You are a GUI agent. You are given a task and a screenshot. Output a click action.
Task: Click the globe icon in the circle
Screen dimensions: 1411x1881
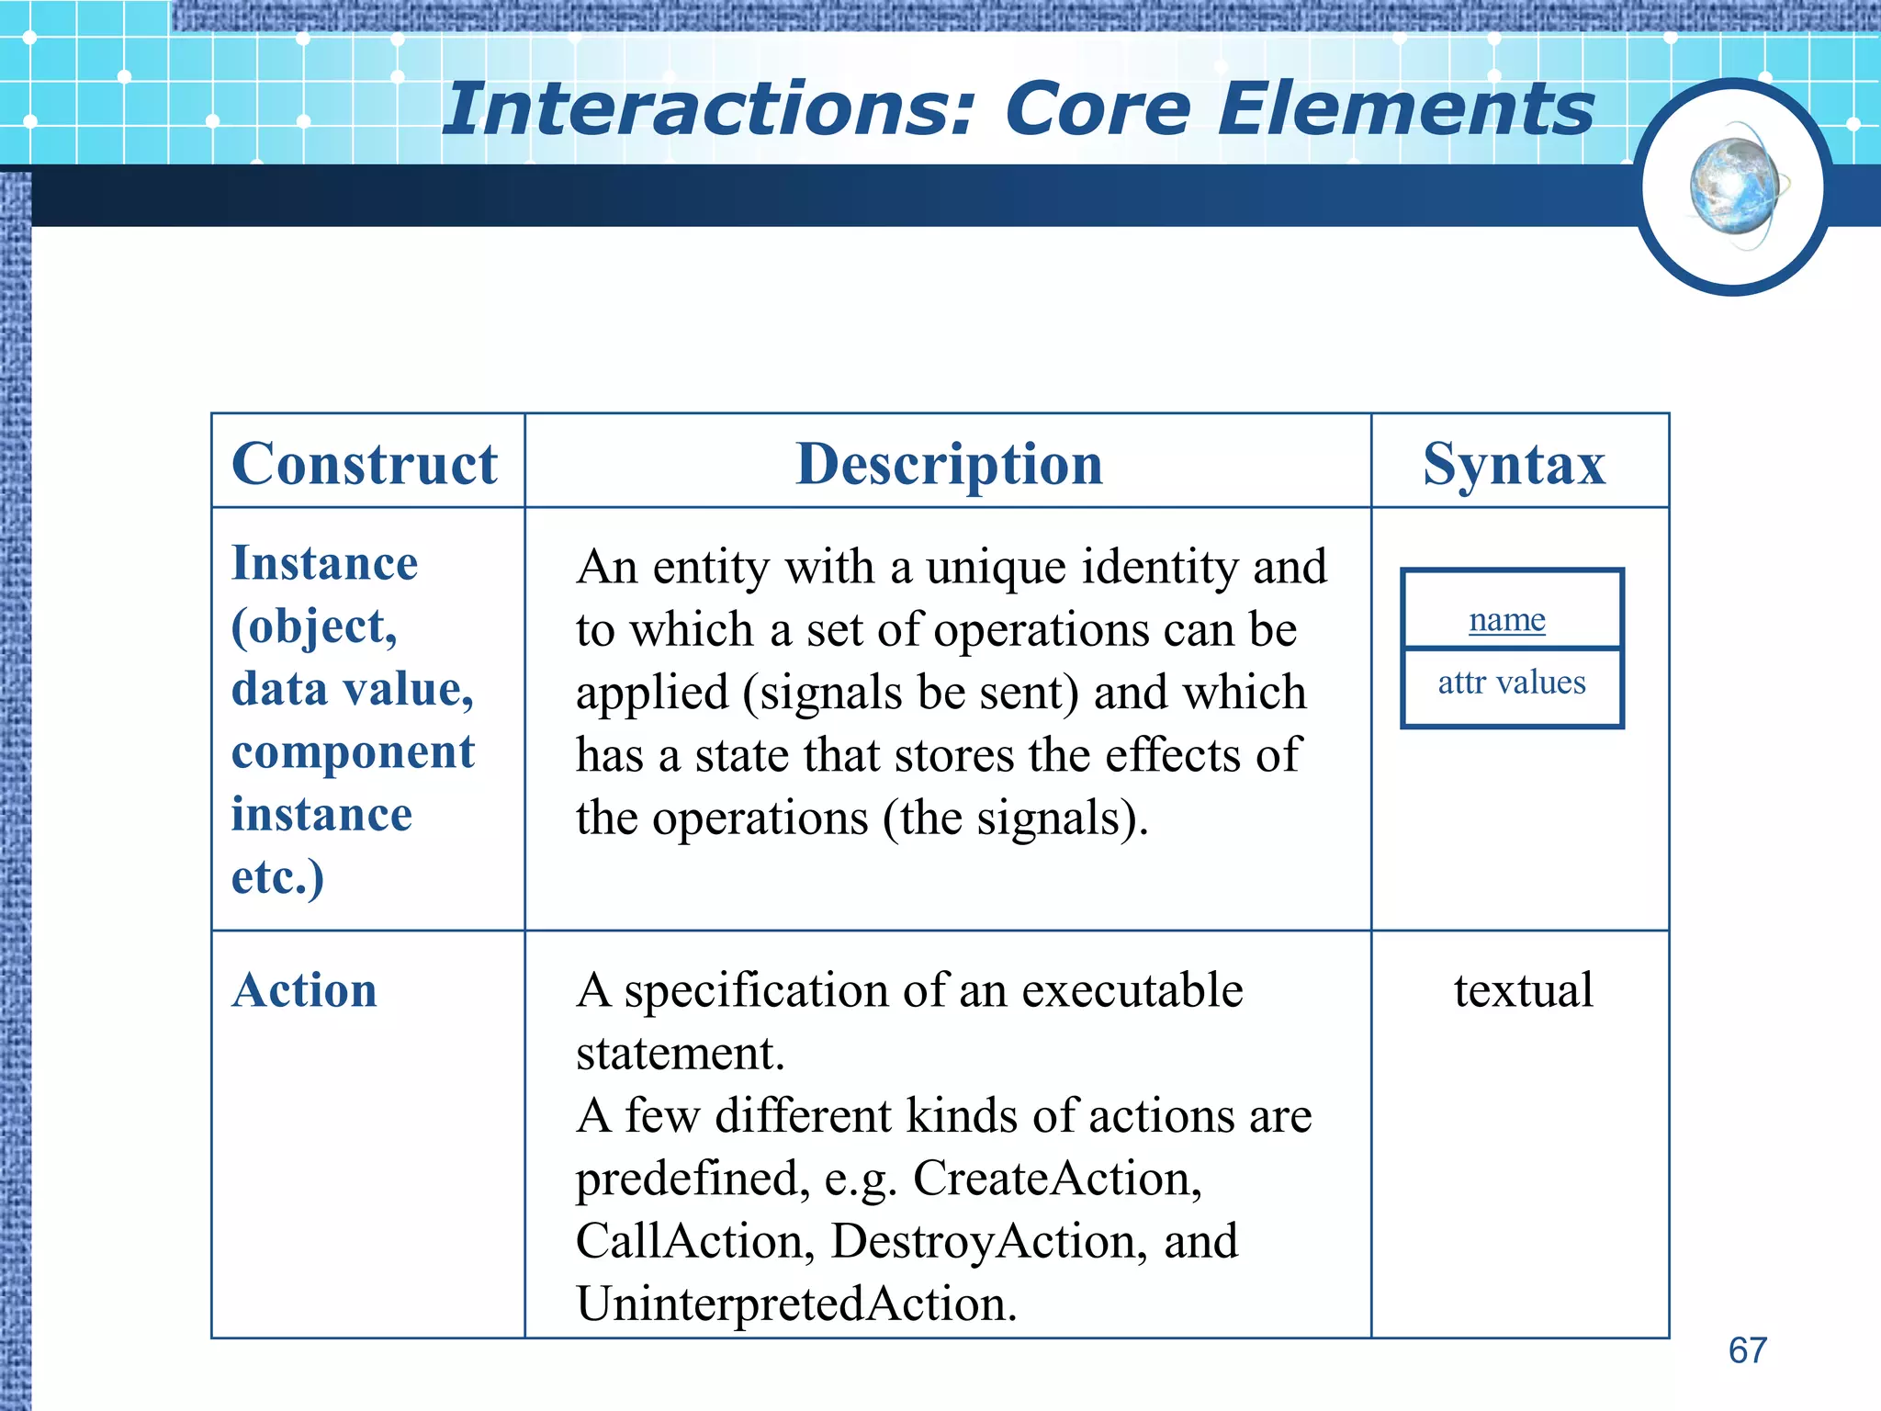1733,187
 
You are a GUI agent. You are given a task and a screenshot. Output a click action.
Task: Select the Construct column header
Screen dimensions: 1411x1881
365,464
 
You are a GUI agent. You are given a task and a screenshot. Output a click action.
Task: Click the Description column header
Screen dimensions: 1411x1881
949,464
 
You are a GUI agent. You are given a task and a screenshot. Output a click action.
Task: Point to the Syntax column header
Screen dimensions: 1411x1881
1514,464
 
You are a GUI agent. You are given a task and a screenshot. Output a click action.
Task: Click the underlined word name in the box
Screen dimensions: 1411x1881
1506,619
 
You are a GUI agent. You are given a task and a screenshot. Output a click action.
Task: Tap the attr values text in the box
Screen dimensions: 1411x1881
1511,683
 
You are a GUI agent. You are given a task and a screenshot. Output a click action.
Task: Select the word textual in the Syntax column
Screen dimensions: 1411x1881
1523,990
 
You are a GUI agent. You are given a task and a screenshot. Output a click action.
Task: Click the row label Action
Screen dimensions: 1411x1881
304,990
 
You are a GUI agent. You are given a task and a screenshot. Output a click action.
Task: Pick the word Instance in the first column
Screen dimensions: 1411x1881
324,563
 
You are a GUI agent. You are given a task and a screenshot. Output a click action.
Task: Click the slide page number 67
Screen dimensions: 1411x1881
1747,1350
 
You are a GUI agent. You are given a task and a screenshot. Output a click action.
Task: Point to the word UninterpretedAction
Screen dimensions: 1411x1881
795,1304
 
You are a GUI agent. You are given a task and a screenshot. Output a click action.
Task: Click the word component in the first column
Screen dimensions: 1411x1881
353,752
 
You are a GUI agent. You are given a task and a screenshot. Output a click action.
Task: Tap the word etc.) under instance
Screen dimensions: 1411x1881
277,876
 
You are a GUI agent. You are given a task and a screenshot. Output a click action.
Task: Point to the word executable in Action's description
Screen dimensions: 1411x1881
1132,990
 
